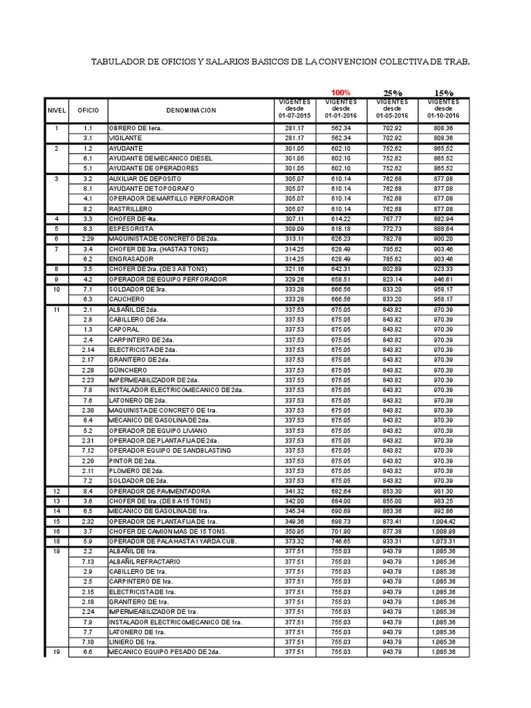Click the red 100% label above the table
340,93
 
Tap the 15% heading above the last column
443,93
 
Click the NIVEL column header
57,111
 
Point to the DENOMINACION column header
191,111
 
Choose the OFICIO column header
88,111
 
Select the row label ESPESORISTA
131,228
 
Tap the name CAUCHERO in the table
126,299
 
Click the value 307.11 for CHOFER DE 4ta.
295,218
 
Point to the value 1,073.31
442,541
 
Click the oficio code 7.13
88,561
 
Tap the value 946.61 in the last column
443,279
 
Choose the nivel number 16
57,531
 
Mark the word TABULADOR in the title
121,62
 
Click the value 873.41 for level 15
392,521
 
